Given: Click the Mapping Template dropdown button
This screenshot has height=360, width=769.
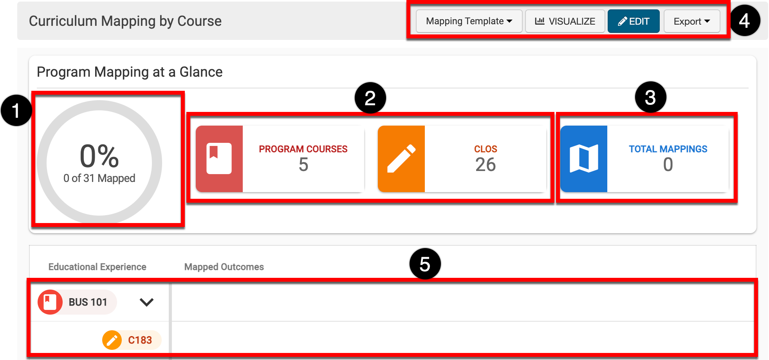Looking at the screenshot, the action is [x=469, y=21].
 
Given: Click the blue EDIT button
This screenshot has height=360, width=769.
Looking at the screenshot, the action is [x=634, y=21].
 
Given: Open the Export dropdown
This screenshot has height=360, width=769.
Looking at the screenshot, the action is [x=692, y=21].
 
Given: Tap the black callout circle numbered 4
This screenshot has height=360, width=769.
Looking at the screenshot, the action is [x=744, y=20].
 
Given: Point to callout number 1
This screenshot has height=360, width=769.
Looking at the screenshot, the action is [x=16, y=110].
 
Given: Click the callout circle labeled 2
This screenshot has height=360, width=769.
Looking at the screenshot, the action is [x=370, y=98].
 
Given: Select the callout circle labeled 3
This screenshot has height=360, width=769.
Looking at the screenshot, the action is [x=650, y=97].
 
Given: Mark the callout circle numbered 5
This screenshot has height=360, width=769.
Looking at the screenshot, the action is [x=425, y=264].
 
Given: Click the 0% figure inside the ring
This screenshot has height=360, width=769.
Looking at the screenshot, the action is [x=99, y=156].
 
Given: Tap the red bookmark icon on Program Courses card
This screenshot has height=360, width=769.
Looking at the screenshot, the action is [x=219, y=158].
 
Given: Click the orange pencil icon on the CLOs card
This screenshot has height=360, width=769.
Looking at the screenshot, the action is [x=401, y=158].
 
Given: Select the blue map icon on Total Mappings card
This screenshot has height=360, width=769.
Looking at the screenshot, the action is [x=584, y=158].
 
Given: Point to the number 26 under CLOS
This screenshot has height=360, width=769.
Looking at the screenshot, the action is [x=486, y=165].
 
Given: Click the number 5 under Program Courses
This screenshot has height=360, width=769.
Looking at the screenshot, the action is [x=303, y=165].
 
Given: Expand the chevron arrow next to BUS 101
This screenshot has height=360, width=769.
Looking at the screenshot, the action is [x=146, y=302].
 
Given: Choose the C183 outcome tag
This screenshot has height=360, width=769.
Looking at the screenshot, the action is [x=132, y=340].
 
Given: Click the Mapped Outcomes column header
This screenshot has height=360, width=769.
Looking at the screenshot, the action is [x=224, y=267].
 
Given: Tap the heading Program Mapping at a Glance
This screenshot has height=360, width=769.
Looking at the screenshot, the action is [x=130, y=72].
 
